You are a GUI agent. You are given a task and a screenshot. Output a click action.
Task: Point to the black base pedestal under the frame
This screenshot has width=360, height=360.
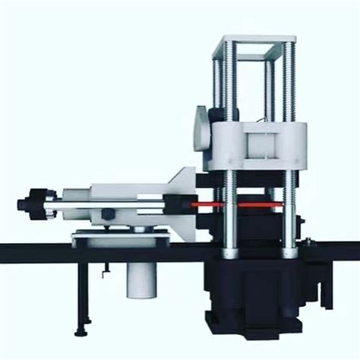point(258,296)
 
